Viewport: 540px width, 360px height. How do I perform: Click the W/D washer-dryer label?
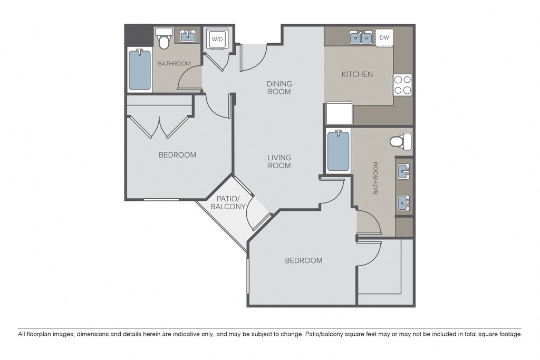coord(217,39)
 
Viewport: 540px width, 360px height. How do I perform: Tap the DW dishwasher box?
coord(384,37)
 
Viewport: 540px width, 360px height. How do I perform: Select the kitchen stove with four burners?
coord(402,85)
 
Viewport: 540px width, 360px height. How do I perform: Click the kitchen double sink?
coord(361,37)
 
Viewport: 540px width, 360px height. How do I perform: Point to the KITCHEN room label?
coord(357,74)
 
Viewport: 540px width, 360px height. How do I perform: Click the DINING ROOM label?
coord(279,88)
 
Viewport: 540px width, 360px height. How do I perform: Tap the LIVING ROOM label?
coord(279,161)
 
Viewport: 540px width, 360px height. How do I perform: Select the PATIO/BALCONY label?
coord(228,203)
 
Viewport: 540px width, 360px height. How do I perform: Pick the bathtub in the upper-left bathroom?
coord(140,70)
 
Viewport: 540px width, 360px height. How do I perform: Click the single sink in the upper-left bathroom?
coord(188,35)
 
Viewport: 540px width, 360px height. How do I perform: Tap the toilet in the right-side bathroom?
coord(401,141)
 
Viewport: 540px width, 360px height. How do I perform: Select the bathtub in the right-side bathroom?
coord(338,151)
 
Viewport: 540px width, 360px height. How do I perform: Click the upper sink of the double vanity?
coord(403,171)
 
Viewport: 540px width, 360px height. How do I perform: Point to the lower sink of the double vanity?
coord(403,203)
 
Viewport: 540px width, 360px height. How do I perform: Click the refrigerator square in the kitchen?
coord(340,113)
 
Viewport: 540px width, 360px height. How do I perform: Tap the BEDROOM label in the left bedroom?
coord(177,155)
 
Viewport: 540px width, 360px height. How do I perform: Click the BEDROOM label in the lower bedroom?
coord(304,260)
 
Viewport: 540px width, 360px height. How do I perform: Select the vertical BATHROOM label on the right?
coord(375,178)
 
